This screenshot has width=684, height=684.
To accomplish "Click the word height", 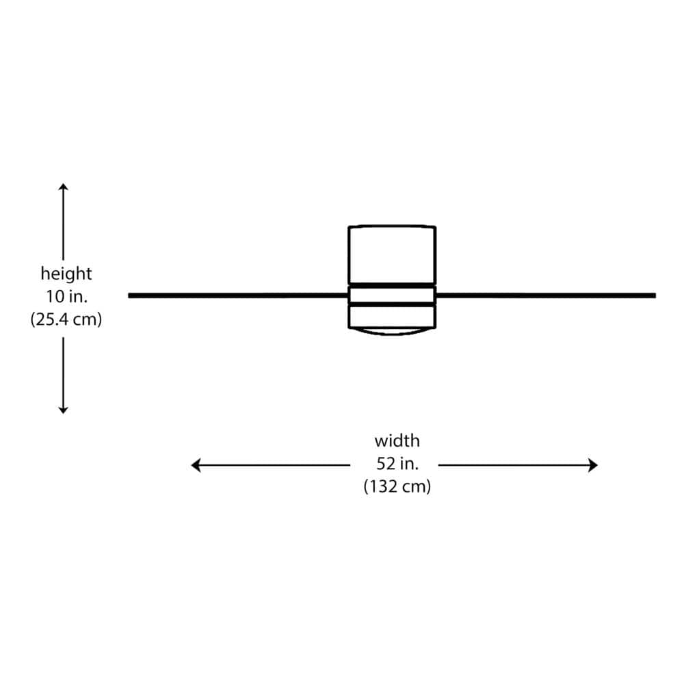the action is point(66,274).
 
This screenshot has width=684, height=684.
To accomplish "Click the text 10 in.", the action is point(67,297).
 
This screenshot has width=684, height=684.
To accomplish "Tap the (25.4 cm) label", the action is point(66,319).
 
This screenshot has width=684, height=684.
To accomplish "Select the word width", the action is point(397,440).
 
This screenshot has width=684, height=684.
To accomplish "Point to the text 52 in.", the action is point(397,463).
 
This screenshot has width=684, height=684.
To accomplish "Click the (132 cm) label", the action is point(397,486).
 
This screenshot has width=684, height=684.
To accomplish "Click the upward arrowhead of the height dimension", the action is point(63,187).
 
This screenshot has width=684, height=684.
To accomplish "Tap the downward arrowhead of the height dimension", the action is point(63,410).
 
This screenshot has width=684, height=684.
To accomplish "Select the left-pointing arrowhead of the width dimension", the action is point(196,465).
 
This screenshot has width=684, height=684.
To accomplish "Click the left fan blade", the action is point(238,295).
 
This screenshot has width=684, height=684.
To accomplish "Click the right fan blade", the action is point(546,295).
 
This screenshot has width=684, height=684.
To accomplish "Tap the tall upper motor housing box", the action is point(392,254).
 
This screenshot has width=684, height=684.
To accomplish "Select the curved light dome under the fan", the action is point(391,333).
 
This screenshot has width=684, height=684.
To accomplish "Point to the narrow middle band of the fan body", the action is point(392,295).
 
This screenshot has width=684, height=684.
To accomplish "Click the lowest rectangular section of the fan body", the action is point(392,316).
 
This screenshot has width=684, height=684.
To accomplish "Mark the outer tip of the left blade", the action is point(129,295).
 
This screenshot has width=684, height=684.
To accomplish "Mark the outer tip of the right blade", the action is point(655,295).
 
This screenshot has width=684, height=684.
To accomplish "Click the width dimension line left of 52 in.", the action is point(270,465).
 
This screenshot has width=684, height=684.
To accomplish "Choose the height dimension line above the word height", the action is point(63,222).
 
